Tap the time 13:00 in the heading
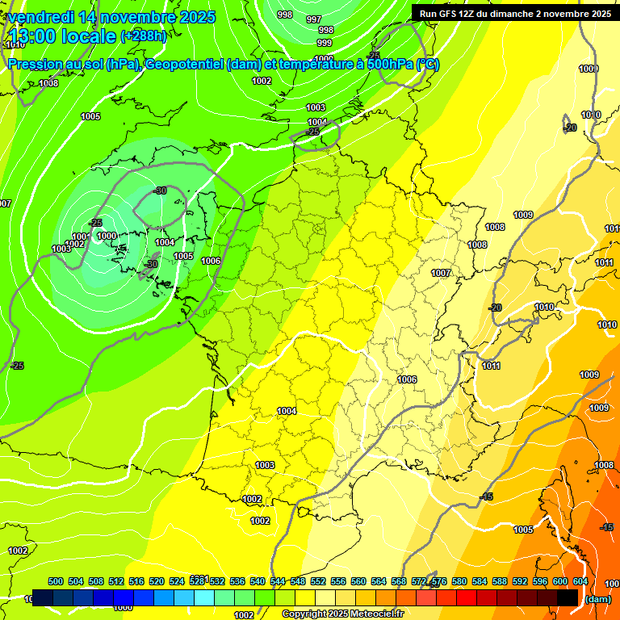pyautogui.click(x=31, y=36)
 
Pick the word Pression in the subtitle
pyautogui.click(x=36, y=65)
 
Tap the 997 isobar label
pyautogui.click(x=314, y=19)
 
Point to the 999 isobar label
pyautogui.click(x=325, y=43)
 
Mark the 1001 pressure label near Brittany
pyautogui.click(x=80, y=237)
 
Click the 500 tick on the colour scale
pyautogui.click(x=56, y=581)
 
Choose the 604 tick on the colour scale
pyautogui.click(x=580, y=581)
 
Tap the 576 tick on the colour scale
pyautogui.click(x=439, y=581)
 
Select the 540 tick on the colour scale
pyautogui.click(x=258, y=581)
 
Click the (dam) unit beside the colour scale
pyautogui.click(x=597, y=599)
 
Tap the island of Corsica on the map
pyautogui.click(x=572, y=505)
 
